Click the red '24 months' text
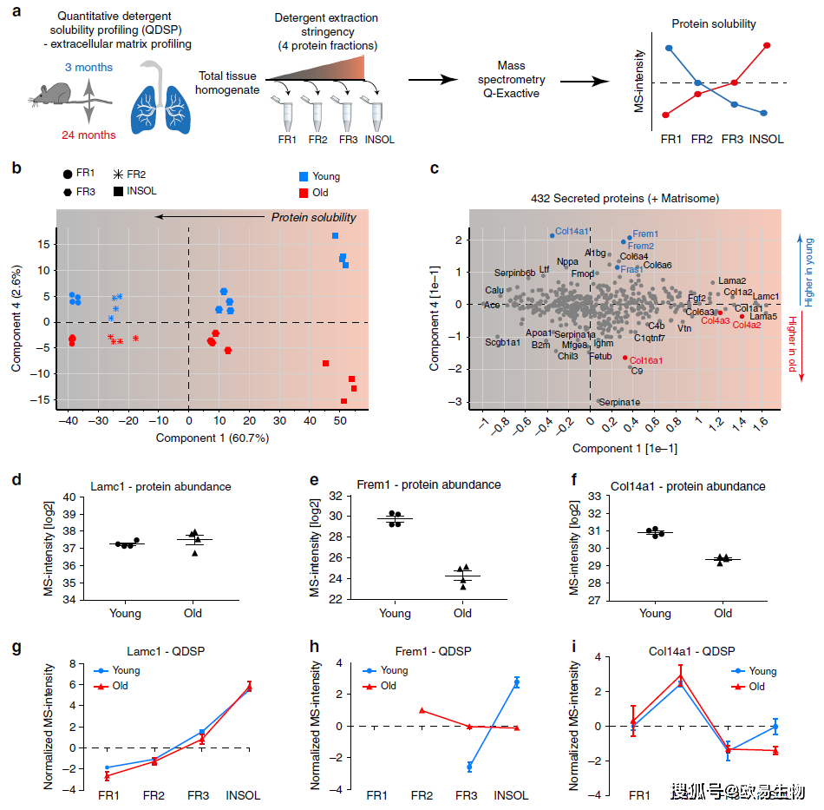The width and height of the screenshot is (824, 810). pyautogui.click(x=88, y=135)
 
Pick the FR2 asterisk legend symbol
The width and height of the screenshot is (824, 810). pyautogui.click(x=117, y=175)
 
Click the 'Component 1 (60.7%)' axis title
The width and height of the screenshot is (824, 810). pyautogui.click(x=213, y=438)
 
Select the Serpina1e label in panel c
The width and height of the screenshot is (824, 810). pyautogui.click(x=618, y=403)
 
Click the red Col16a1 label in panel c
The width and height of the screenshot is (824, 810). pyautogui.click(x=646, y=360)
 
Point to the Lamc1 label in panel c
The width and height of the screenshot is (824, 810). pyautogui.click(x=765, y=297)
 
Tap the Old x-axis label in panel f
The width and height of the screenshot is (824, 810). pyautogui.click(x=723, y=613)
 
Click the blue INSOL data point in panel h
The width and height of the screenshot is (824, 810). pyautogui.click(x=517, y=683)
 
